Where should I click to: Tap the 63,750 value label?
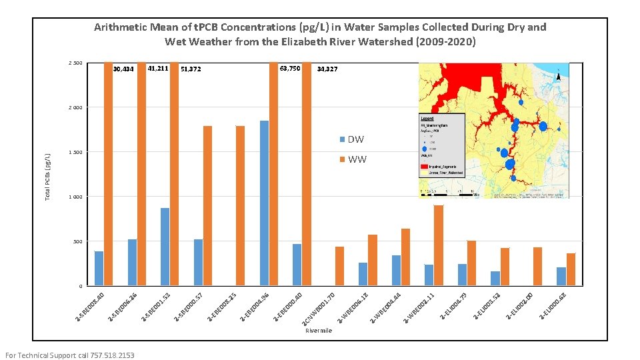coord(290,69)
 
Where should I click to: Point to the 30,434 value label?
coord(124,69)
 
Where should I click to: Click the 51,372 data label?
coord(191,69)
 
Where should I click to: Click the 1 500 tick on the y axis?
coord(75,153)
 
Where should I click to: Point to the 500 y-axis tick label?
coord(77,242)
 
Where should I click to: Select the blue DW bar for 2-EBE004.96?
coord(264,203)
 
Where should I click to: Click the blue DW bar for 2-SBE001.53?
coord(165,247)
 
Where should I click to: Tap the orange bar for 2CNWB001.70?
coord(339,266)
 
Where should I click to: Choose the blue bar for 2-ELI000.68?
coord(561,277)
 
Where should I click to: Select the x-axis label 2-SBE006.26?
coord(125,305)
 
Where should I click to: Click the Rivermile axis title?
coord(318,331)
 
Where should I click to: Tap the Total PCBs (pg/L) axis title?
coord(48,176)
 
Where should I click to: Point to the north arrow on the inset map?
coord(558,75)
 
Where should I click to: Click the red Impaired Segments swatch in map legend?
coord(425,165)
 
